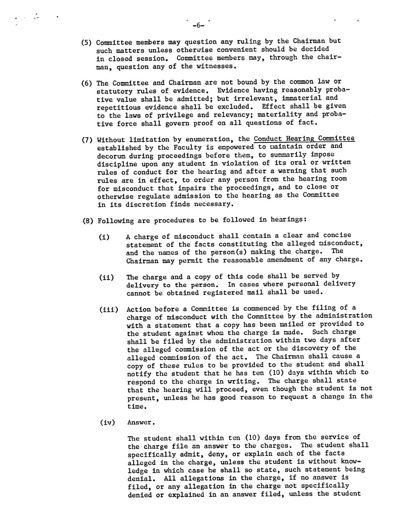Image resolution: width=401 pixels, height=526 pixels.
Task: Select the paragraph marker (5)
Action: pos(87,42)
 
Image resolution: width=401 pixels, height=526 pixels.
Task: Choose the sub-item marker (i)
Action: pos(104,237)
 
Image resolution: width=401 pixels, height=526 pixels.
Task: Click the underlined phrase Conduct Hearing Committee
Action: pos(304,138)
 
